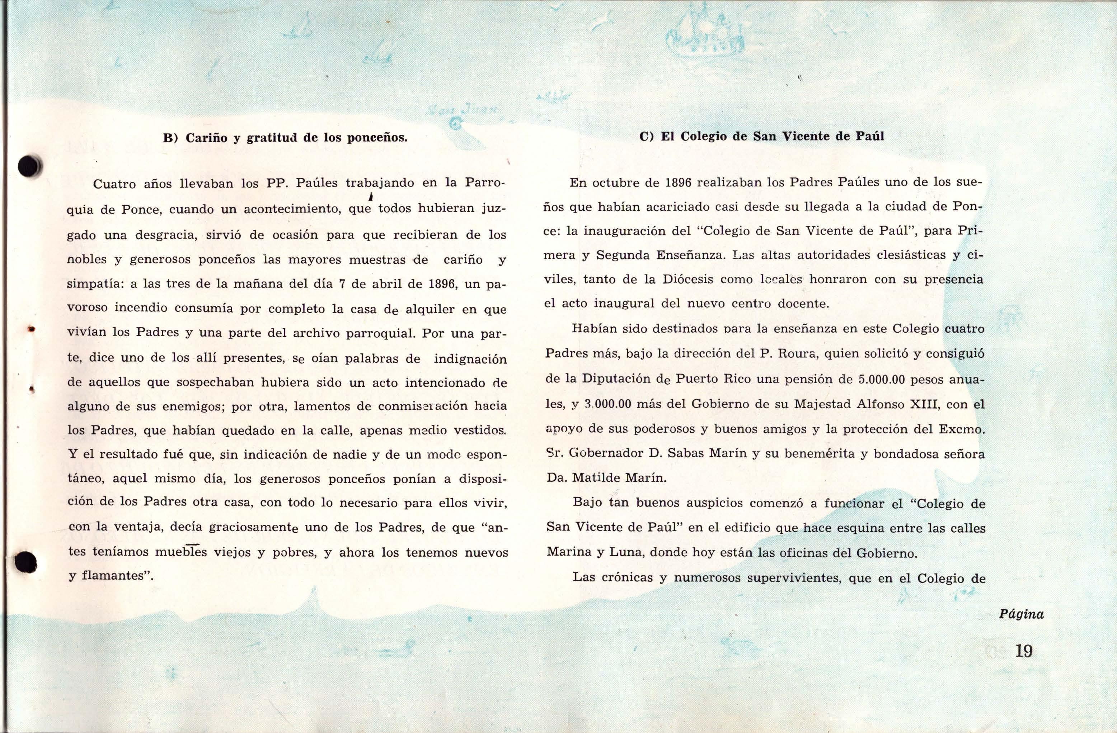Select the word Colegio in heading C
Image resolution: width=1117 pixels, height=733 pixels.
coord(712,137)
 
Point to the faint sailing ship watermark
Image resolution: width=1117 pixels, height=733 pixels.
coord(704,35)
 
